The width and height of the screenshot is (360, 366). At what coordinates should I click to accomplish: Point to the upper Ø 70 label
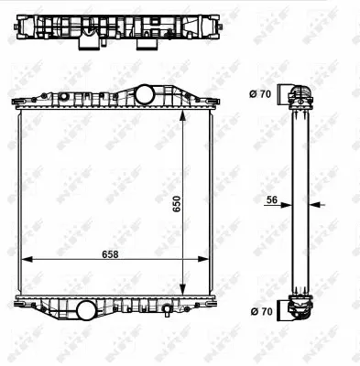259,93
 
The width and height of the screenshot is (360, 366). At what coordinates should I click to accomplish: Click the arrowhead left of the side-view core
288,204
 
